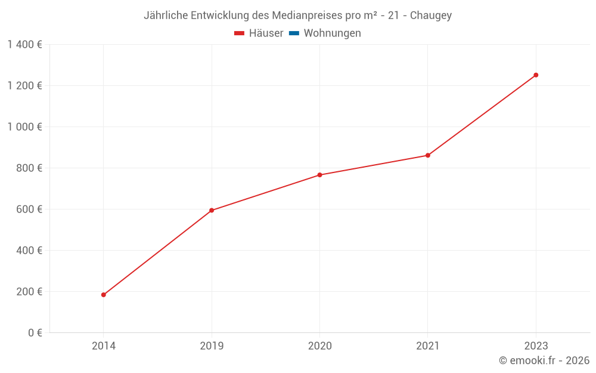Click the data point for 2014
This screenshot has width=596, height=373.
pos(104,295)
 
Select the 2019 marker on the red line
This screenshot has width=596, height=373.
pos(212,210)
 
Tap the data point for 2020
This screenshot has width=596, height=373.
pos(319,175)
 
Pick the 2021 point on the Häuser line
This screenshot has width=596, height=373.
pos(427,155)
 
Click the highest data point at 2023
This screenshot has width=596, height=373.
pos(536,75)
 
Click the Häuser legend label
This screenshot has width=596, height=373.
pos(266,33)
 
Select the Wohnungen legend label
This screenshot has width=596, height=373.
pos(332,33)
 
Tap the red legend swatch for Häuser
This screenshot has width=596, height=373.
pos(240,33)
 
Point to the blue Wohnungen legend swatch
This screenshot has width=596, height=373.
pos(294,33)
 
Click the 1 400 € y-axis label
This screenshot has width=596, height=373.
pos(24,45)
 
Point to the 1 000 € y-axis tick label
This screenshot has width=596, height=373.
pos(24,127)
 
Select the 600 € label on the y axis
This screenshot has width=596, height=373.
pos(29,209)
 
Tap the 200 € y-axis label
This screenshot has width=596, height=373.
pos(29,292)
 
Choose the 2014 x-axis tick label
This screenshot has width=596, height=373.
pos(104,346)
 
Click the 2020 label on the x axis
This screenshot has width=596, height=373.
pos(319,346)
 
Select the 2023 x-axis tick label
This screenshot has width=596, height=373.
pos(536,346)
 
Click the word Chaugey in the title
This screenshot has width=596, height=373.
pos(431,16)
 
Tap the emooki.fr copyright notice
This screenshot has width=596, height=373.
pos(544,360)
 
